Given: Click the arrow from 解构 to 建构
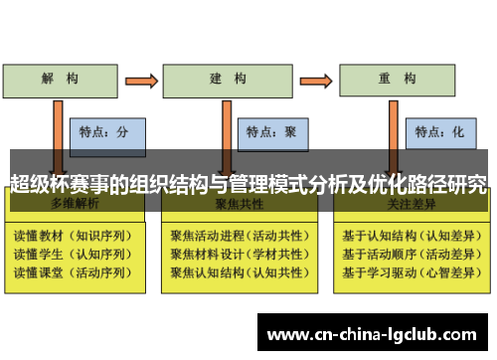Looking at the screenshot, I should tap(140, 78).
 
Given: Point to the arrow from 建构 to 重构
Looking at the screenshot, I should tap(312, 78).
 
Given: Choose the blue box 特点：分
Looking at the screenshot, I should tap(107, 130).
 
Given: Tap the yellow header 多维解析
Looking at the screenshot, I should tap(69, 203).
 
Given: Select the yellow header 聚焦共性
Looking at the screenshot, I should tap(236, 203).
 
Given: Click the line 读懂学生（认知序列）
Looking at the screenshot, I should tap(70, 254).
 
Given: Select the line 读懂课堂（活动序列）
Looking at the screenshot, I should tap(70, 270).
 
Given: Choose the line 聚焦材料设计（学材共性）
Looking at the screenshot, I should tap(237, 254).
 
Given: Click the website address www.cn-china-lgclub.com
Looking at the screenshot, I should tap(372, 333).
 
